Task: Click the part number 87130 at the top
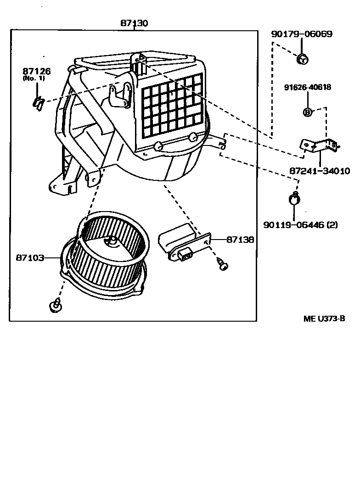point(134,23)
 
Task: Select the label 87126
point(37,71)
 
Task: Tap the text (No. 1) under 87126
point(34,78)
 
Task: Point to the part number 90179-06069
point(302,34)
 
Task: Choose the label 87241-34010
point(320,171)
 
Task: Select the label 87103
point(30,258)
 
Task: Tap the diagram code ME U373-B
point(324,318)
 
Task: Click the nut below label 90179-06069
point(302,58)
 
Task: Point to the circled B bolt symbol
point(307,112)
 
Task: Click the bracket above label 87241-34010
point(320,146)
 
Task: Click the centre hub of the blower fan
point(112,242)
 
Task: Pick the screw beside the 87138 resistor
point(223,264)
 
